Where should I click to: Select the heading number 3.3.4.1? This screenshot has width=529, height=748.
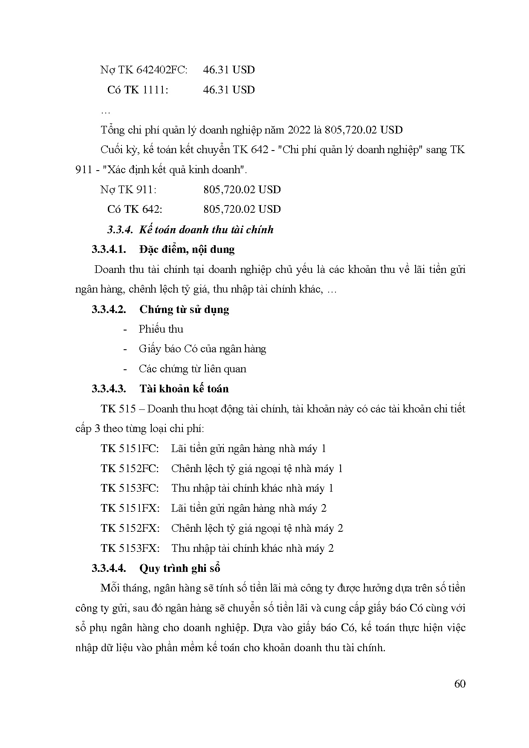tap(109, 249)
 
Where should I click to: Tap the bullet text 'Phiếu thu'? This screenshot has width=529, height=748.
tap(161, 329)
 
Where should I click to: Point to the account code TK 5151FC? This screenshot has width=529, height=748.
tap(130, 449)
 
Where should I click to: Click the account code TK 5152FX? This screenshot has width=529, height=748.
tap(130, 528)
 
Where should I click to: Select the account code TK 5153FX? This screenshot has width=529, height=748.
tap(130, 548)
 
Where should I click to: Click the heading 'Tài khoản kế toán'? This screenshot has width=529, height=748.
tap(184, 389)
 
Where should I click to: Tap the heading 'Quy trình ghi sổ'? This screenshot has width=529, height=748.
tap(179, 568)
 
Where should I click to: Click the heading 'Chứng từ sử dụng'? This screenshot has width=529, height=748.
tap(184, 309)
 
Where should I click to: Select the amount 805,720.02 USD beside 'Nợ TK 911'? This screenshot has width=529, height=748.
tap(242, 189)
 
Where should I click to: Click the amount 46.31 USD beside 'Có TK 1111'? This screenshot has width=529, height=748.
tap(229, 90)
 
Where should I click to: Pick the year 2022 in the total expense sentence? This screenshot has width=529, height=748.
tap(301, 130)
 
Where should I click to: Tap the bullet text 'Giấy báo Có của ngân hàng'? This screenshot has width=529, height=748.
tap(202, 349)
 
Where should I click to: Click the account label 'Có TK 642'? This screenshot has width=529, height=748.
tap(135, 209)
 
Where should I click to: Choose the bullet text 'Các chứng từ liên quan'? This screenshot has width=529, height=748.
tap(192, 369)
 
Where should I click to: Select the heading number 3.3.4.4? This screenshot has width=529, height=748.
tap(109, 568)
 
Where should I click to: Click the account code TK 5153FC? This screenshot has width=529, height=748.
tap(130, 488)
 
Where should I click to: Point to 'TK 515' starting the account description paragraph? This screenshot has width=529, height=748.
tap(118, 409)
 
